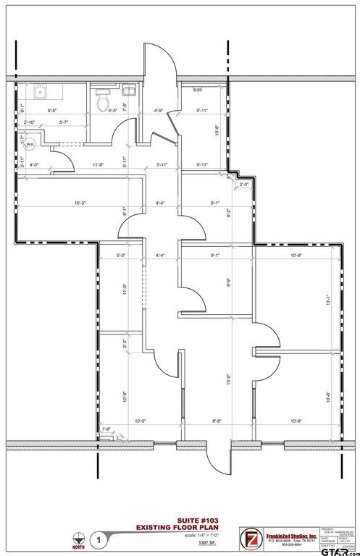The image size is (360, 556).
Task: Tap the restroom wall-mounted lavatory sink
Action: coord(129,90)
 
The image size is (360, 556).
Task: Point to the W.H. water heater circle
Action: coord(30,144)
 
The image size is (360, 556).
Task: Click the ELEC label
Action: coord(197,90)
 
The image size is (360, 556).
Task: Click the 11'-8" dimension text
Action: coord(99,165)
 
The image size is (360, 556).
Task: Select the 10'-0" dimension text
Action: coord(140,421)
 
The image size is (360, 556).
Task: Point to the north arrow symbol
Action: coord(77,538)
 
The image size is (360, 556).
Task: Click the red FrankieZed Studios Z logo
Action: coord(251,539)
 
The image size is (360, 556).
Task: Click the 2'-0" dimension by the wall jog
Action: coord(244,184)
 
